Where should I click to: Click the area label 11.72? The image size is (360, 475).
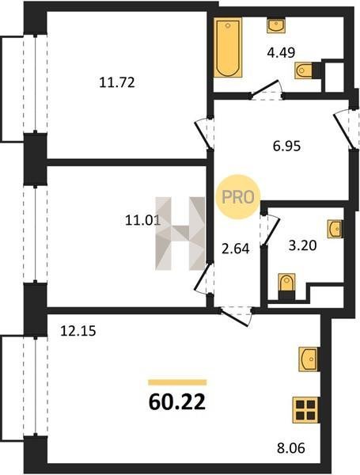click(117, 82)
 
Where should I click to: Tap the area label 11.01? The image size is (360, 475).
click(142, 220)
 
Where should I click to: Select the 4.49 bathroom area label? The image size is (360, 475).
click(281, 53)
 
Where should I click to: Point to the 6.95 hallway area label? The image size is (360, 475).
click(286, 146)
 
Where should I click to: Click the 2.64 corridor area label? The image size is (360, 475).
click(236, 249)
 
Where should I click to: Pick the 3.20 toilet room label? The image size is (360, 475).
click(302, 245)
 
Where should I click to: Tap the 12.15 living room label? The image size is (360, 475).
click(78, 331)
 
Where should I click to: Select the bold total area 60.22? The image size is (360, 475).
click(177, 402)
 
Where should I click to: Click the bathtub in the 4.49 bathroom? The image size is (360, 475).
click(228, 47)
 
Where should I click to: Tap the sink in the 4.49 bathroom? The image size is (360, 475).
click(275, 26)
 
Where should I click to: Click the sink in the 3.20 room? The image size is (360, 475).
click(335, 229)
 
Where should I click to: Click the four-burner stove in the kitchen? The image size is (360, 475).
click(305, 410)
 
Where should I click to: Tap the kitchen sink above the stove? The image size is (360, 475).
click(309, 359)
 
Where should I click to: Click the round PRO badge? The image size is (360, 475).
click(238, 197)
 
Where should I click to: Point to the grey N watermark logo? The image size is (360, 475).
click(180, 234)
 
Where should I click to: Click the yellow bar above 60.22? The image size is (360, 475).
click(177, 382)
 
